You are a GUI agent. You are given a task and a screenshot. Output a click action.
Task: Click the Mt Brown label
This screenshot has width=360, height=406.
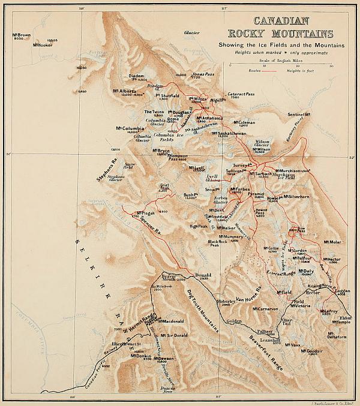tap(20, 35)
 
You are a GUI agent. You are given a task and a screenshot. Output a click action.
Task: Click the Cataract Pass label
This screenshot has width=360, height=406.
tap(241, 95)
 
